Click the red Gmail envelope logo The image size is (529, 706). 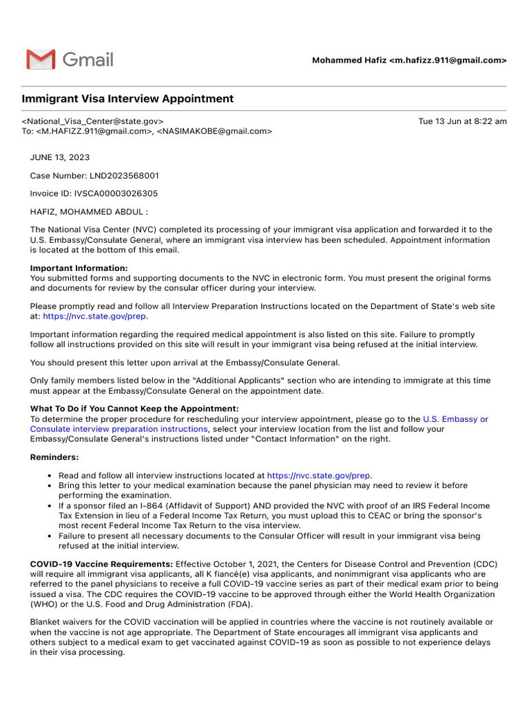pos(41,59)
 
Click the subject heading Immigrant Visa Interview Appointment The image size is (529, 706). pos(127,99)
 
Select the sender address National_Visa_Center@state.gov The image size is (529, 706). pos(92,121)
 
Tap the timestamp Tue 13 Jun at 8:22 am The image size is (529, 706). pos(462,121)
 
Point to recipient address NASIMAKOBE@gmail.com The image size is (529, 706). pos(214,131)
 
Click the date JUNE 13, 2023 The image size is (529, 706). pos(60,157)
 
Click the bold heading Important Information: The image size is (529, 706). pos(79,268)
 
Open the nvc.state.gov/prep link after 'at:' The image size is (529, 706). pos(94,316)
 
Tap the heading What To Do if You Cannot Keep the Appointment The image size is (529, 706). pos(134,409)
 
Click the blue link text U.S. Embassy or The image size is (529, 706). pos(455,418)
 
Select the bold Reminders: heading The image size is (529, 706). pos(54,457)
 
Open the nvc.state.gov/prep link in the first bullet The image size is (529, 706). pos(319,475)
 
